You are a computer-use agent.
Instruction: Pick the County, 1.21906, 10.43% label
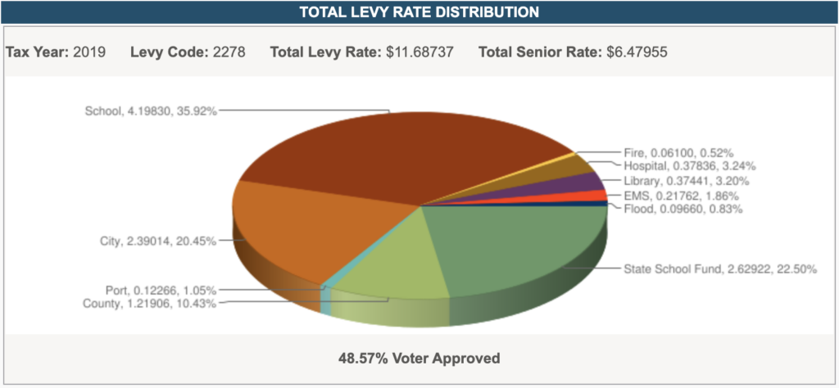pyautogui.click(x=152, y=304)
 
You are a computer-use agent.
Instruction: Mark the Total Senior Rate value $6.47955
pyautogui.click(x=637, y=52)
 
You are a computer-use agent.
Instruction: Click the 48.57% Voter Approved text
pyautogui.click(x=419, y=358)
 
